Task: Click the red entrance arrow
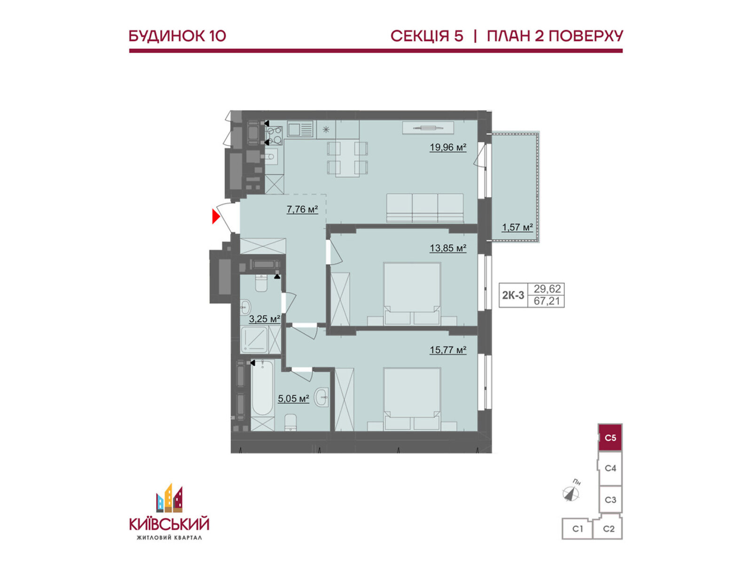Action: pyautogui.click(x=215, y=216)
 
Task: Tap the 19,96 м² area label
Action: pyautogui.click(x=448, y=147)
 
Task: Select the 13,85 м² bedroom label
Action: pyautogui.click(x=448, y=248)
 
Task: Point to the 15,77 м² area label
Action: pyautogui.click(x=448, y=350)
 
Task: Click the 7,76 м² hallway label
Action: pyautogui.click(x=302, y=209)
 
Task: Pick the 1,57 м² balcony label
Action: pyautogui.click(x=517, y=227)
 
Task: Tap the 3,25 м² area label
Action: pyautogui.click(x=265, y=319)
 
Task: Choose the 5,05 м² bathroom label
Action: pyautogui.click(x=293, y=398)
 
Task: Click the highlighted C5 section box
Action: pyautogui.click(x=610, y=438)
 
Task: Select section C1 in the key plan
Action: pyautogui.click(x=577, y=529)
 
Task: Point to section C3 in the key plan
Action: pyautogui.click(x=610, y=500)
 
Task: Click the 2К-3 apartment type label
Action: pyautogui.click(x=513, y=295)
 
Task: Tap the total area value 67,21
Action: pyautogui.click(x=547, y=301)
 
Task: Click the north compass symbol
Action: pyautogui.click(x=571, y=493)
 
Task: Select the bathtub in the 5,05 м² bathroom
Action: pyautogui.click(x=263, y=389)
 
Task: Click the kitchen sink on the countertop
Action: pyautogui.click(x=300, y=130)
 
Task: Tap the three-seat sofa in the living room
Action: pyautogui.click(x=425, y=208)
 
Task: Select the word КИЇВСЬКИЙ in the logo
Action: pyautogui.click(x=169, y=524)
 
